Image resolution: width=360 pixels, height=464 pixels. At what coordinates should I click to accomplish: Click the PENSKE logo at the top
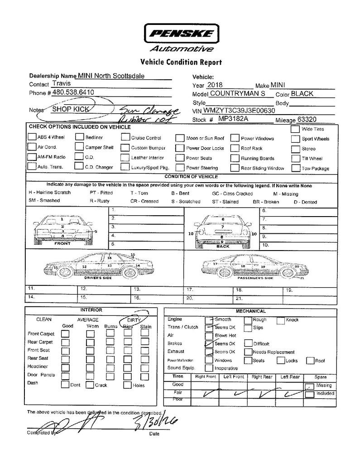[180, 33]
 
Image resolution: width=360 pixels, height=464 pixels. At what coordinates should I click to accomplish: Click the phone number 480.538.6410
[73, 92]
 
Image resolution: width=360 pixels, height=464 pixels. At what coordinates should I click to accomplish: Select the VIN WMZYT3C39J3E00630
[239, 111]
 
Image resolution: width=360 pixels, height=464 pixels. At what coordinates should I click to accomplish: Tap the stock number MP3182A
[234, 119]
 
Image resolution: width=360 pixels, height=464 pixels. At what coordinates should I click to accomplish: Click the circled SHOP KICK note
[70, 109]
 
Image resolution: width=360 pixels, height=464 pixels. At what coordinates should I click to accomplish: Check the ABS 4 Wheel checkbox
[32, 137]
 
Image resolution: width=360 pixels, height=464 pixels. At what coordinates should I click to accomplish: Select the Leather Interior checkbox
[125, 158]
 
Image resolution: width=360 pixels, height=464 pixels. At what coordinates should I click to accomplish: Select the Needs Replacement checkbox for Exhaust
[248, 352]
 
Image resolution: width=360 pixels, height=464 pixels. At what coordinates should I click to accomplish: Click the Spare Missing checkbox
[310, 386]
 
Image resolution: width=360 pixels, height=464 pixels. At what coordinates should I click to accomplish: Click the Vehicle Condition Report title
[181, 62]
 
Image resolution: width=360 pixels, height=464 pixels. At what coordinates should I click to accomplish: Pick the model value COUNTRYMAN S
[238, 94]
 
